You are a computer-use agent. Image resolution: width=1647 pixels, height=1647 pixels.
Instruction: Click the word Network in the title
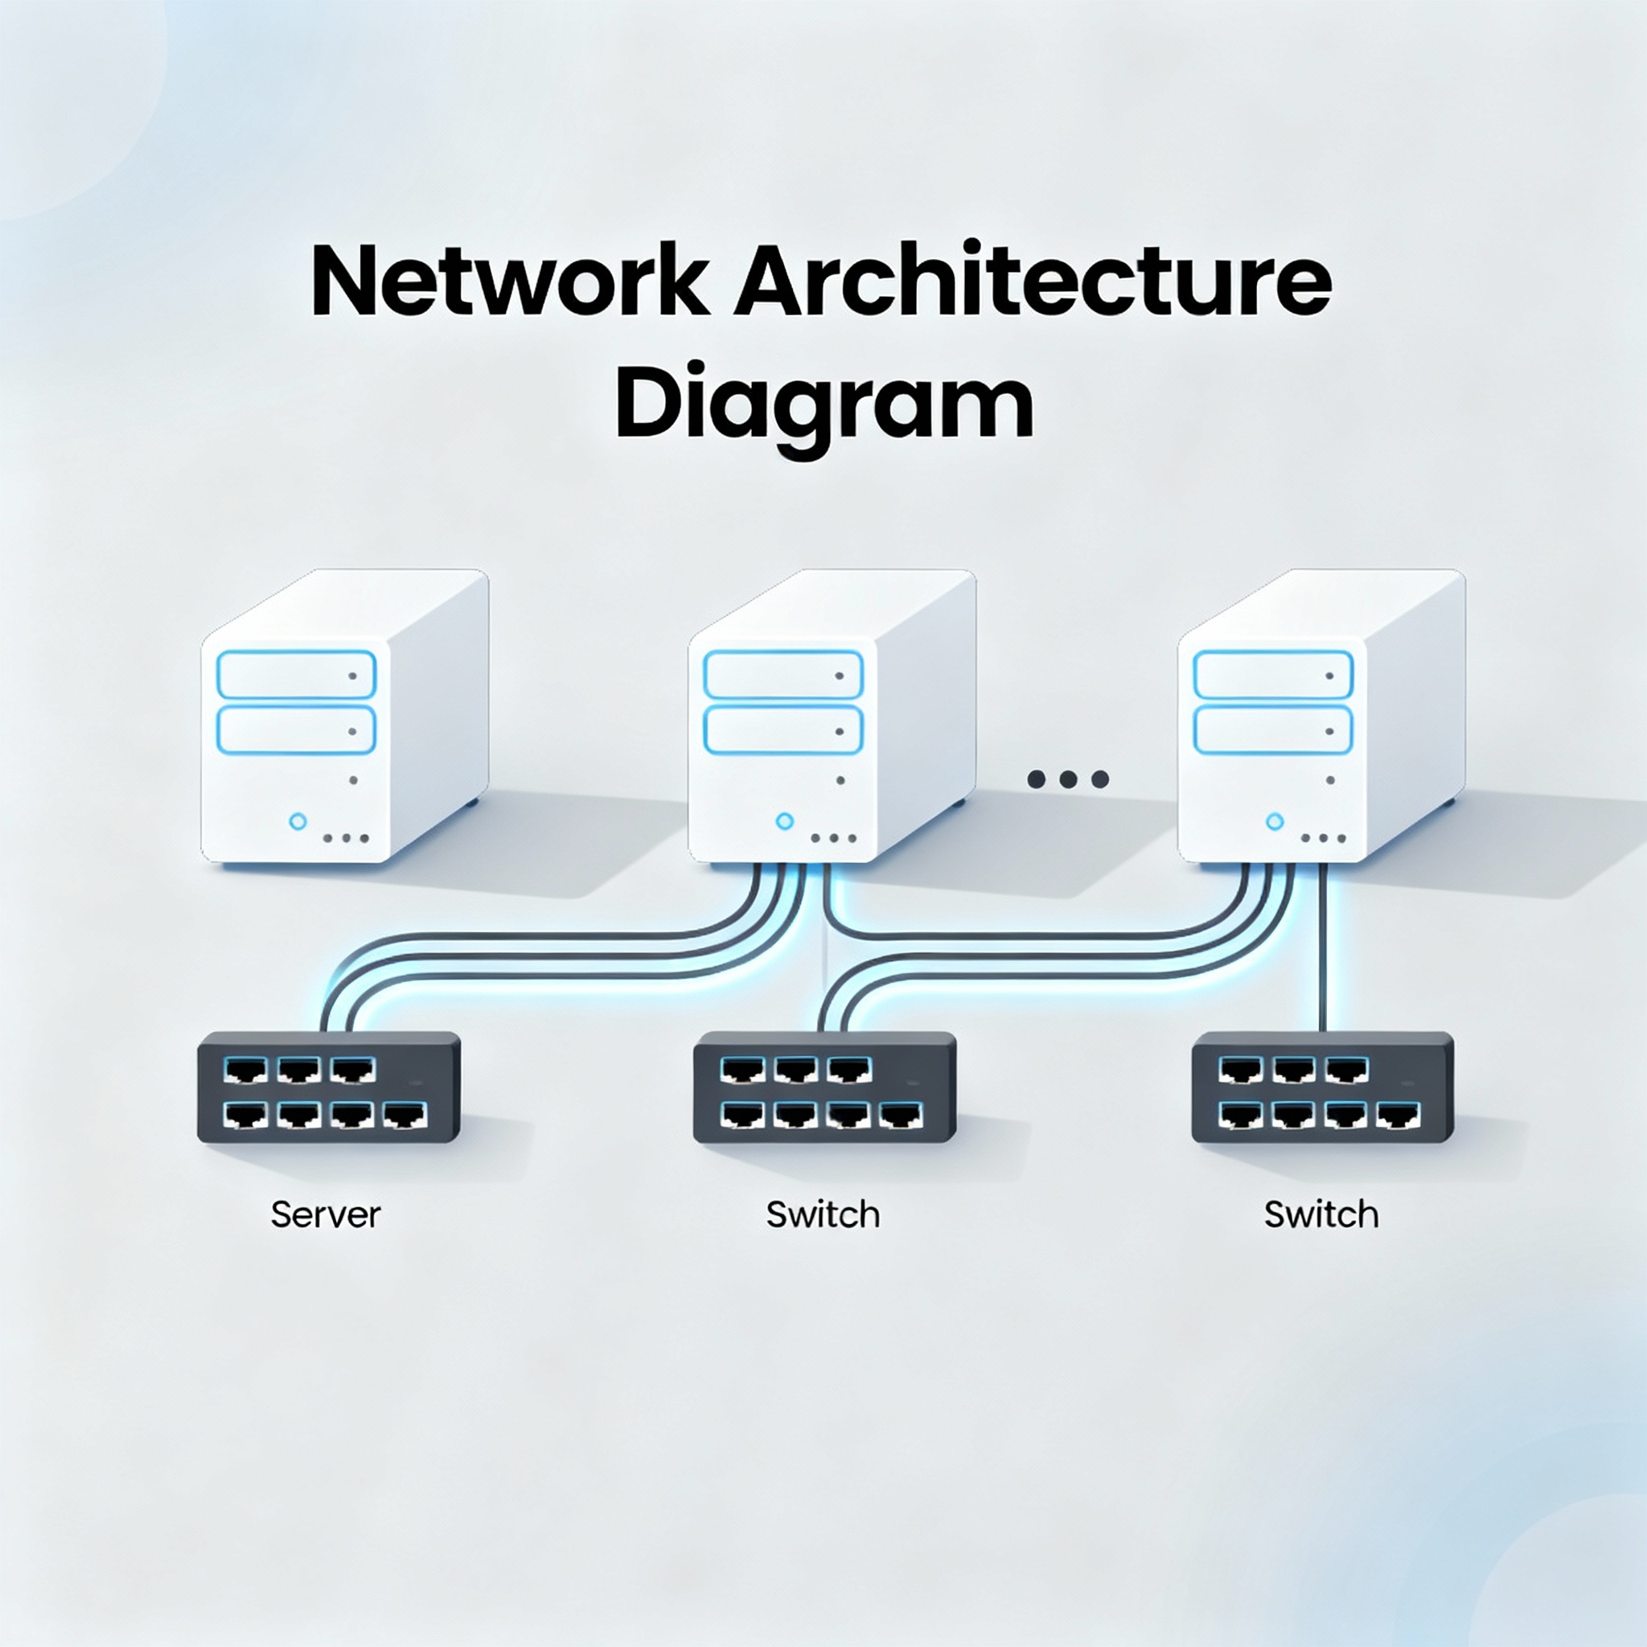point(509,282)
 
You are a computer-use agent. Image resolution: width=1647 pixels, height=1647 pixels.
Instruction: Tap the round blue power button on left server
point(298,821)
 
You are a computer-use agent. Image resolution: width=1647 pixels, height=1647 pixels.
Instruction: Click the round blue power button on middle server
point(785,821)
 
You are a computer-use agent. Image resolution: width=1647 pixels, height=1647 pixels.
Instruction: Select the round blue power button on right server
point(1275,821)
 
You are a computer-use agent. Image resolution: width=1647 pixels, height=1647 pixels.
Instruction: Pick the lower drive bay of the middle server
point(782,730)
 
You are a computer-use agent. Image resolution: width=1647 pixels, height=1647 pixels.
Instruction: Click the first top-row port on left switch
point(245,1070)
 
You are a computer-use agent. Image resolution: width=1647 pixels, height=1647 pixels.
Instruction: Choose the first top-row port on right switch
point(1239,1070)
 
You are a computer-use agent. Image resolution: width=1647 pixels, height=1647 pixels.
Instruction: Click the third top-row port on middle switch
point(849,1070)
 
